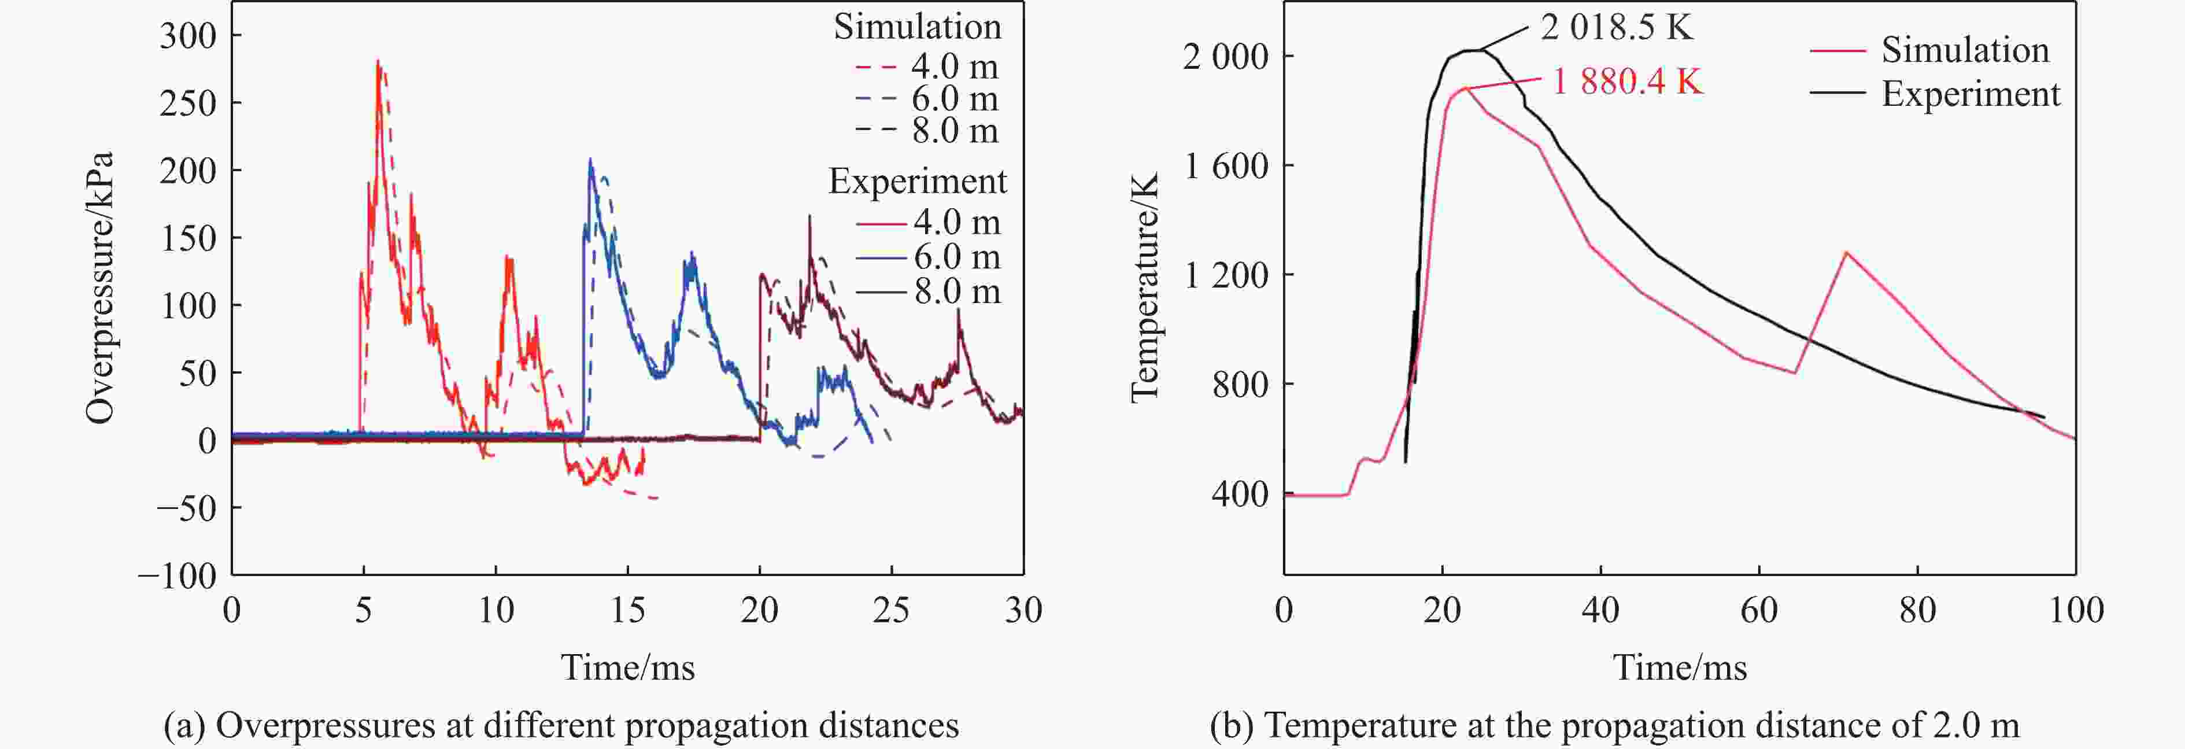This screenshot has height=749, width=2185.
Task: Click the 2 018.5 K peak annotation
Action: (x=1616, y=28)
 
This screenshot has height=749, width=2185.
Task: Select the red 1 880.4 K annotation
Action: (x=1626, y=82)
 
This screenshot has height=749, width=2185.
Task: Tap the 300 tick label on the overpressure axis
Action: (x=188, y=36)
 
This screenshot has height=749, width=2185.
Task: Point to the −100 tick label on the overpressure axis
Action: (x=178, y=577)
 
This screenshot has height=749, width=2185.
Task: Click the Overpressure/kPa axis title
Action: (x=100, y=289)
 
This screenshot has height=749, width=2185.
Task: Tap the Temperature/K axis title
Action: (x=1144, y=289)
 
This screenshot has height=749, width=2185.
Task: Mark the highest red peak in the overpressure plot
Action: (x=378, y=62)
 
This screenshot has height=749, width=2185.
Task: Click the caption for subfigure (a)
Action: (x=561, y=726)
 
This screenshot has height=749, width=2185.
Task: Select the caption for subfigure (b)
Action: (x=1614, y=726)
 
